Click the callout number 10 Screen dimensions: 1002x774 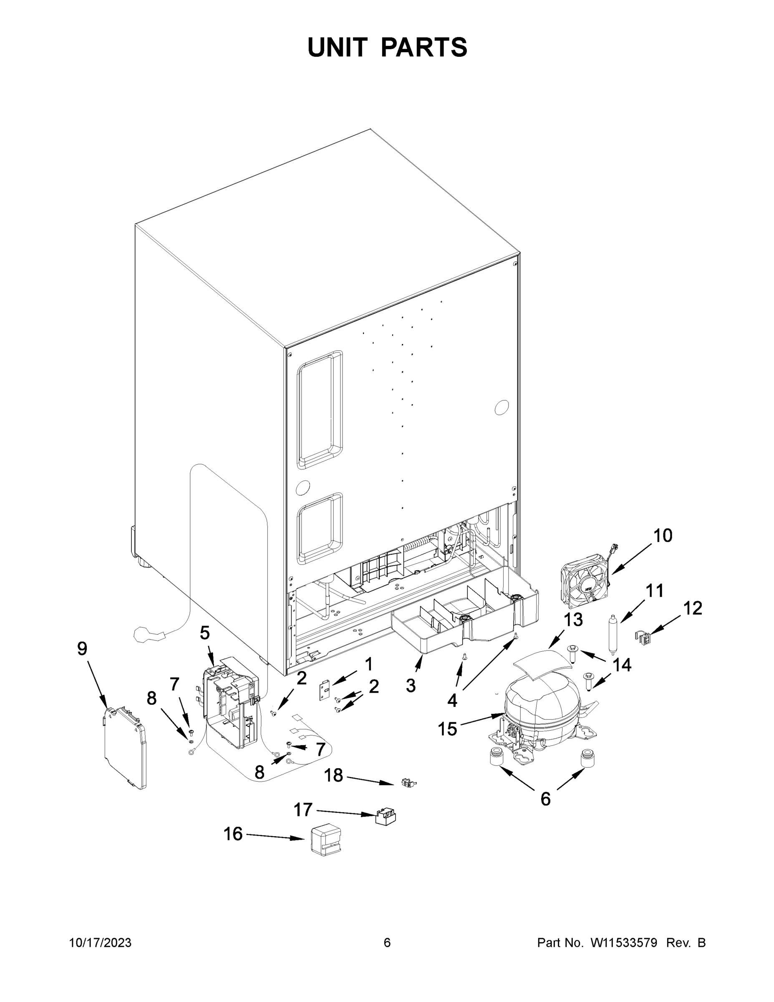pos(662,535)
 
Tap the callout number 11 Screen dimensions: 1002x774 pos(654,591)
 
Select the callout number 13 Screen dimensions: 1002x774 pos(573,620)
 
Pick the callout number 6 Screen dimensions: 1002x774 pos(545,799)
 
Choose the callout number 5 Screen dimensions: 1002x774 pos(204,633)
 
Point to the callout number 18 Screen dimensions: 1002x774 pos(333,775)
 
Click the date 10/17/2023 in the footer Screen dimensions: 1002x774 pos(100,942)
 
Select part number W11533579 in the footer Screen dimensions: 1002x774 pos(624,942)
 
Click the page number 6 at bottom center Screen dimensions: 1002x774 pos(387,942)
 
